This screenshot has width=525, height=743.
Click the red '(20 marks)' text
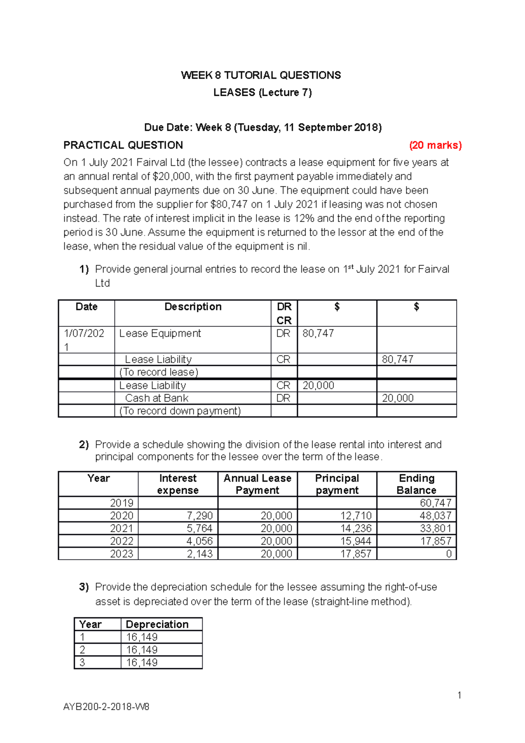[x=435, y=145]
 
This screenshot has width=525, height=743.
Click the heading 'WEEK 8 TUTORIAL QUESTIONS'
[x=261, y=75]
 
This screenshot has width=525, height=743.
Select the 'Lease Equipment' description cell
[x=160, y=333]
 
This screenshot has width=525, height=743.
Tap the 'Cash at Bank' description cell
[x=157, y=398]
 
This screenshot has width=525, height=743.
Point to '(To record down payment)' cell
[x=180, y=411]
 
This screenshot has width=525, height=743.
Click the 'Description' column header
[x=193, y=307]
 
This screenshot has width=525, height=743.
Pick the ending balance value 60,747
[x=435, y=503]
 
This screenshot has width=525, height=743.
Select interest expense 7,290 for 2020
[x=199, y=515]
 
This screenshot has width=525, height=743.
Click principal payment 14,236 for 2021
[x=356, y=528]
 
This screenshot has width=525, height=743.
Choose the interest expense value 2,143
[x=199, y=554]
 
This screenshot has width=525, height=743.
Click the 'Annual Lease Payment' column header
[x=257, y=484]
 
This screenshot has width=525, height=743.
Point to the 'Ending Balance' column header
[x=416, y=484]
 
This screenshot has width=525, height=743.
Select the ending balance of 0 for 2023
[x=448, y=554]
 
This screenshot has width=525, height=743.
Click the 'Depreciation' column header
[x=157, y=624]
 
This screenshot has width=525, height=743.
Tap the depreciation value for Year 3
[x=142, y=662]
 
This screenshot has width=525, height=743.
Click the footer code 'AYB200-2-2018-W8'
[x=106, y=707]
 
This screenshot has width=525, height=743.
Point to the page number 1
[x=459, y=695]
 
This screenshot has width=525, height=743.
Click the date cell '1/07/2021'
[x=84, y=340]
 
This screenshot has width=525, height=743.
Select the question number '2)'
[x=84, y=445]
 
